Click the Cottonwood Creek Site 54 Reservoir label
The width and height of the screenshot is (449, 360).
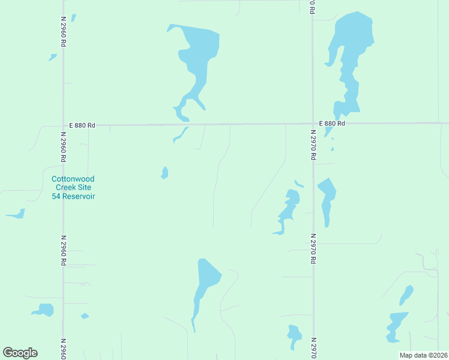click(73, 188)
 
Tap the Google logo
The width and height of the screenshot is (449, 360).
click(20, 353)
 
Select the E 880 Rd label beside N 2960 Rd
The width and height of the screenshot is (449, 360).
click(82, 125)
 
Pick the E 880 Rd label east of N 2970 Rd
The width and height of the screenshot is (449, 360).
click(332, 124)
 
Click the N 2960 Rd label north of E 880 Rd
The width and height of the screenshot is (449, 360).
click(63, 31)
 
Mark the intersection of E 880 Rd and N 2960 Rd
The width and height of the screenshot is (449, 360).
click(63, 125)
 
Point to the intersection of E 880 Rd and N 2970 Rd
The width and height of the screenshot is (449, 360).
click(313, 124)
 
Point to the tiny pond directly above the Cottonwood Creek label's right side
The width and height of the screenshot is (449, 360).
click(164, 173)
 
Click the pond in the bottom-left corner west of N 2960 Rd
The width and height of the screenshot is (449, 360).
click(44, 310)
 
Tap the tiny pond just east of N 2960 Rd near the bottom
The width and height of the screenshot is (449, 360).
click(85, 316)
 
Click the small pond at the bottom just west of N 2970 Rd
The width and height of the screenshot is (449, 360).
click(294, 334)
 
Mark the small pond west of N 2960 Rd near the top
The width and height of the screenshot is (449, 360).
click(53, 58)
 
